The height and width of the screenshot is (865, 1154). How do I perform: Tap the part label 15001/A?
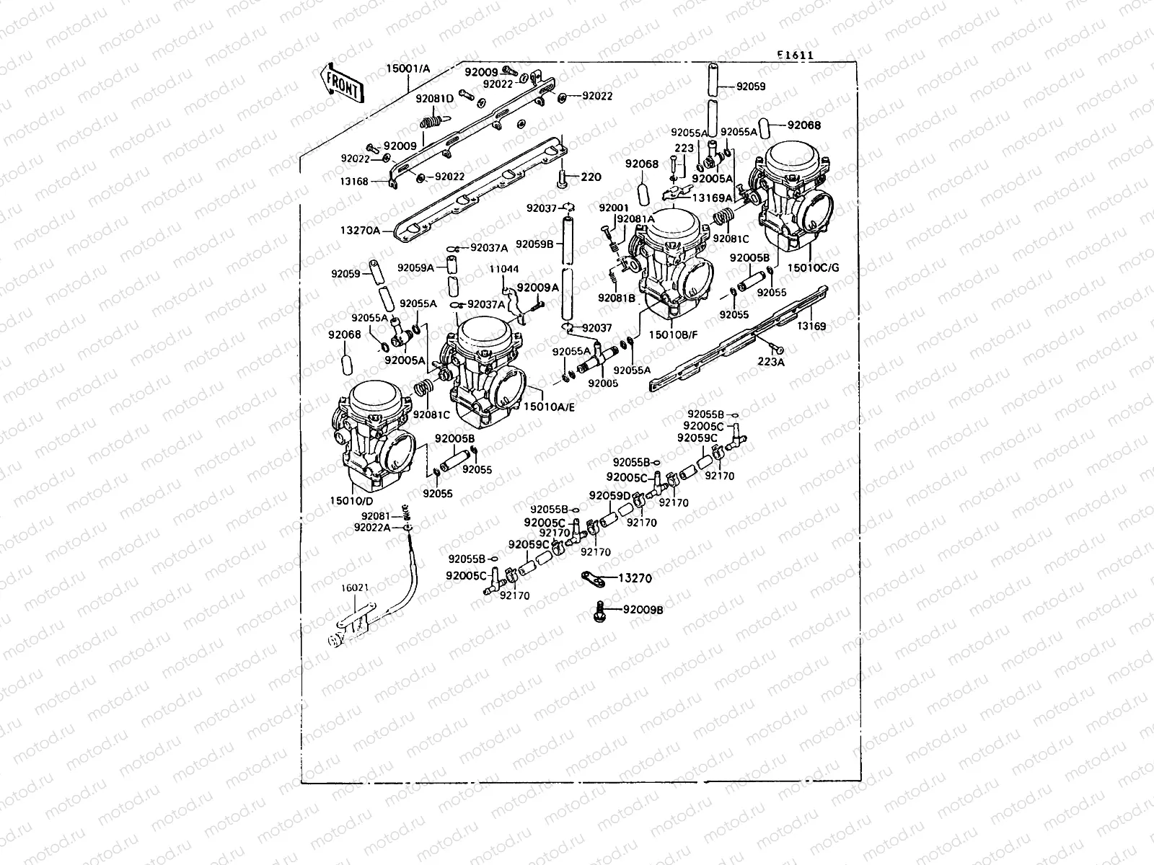click(408, 68)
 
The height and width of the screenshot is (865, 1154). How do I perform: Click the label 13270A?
click(360, 231)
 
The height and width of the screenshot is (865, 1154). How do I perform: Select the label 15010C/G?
click(814, 267)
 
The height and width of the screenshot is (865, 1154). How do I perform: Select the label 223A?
click(770, 362)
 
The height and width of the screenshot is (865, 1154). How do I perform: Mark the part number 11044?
click(503, 270)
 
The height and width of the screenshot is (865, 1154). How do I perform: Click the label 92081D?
click(434, 99)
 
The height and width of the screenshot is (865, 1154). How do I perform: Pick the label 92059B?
click(534, 244)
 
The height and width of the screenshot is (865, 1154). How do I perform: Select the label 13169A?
click(712, 197)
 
